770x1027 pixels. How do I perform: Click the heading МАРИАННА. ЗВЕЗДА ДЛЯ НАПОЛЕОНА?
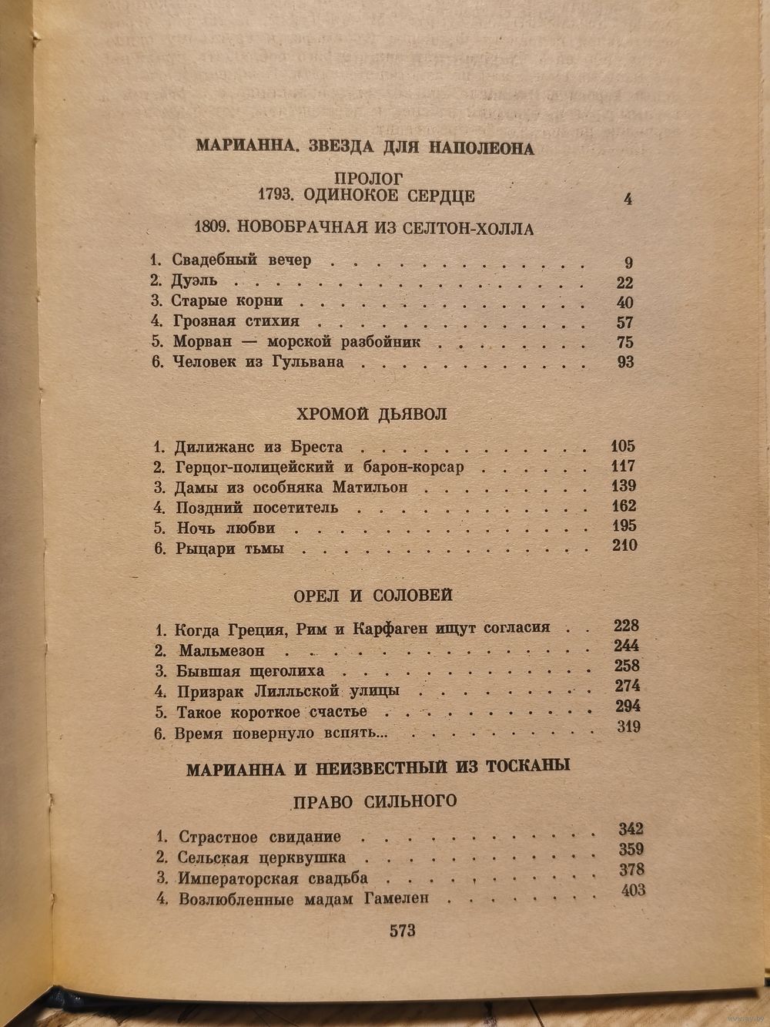pos(364,147)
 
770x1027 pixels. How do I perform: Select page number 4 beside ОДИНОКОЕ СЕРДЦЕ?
pos(628,199)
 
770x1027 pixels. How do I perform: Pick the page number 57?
pos(624,322)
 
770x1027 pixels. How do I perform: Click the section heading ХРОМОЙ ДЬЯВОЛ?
pos(371,414)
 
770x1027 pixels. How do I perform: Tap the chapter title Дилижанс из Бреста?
pos(259,447)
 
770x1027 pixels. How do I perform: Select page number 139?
pos(623,486)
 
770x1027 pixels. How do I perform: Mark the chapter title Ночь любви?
pos(226,529)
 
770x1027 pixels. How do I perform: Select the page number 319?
pos(628,726)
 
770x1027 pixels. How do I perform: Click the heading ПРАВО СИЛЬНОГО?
pos(375,801)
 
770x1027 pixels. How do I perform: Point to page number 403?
pos(632,891)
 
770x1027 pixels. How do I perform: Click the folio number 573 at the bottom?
pos(402,931)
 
